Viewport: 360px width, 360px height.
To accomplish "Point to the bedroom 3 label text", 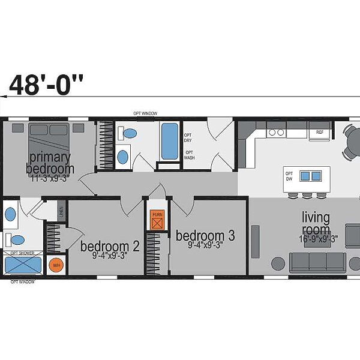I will (x=205, y=235).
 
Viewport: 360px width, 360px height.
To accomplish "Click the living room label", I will (x=316, y=223).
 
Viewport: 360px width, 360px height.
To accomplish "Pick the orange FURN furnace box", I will (x=157, y=221).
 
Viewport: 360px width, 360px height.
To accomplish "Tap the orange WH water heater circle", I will (x=56, y=265).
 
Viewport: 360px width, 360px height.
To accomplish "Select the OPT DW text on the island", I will (x=289, y=176).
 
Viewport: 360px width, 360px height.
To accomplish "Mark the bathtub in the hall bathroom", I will (x=169, y=140).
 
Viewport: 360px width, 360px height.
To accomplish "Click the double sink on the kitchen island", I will (x=310, y=176).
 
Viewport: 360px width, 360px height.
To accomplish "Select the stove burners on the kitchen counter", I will (x=275, y=131).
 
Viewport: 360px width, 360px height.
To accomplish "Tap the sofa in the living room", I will (x=317, y=262).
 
